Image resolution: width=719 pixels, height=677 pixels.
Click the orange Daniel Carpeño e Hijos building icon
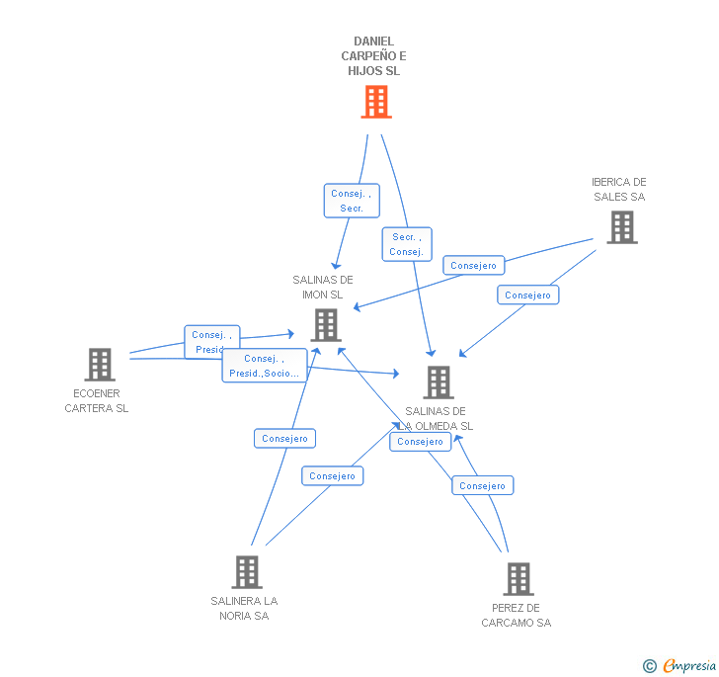click(x=375, y=102)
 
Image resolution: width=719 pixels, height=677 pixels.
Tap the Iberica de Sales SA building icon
click(x=621, y=227)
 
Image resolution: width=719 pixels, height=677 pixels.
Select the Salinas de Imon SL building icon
click(x=326, y=324)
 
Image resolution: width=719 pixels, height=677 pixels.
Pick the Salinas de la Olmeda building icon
click(x=438, y=381)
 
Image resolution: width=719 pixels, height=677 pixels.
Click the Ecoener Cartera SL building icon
click(x=99, y=365)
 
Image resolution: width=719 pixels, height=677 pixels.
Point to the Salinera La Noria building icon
click(x=246, y=571)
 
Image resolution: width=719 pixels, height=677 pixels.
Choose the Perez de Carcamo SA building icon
click(x=518, y=578)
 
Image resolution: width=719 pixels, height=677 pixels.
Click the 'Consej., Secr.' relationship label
click(x=352, y=201)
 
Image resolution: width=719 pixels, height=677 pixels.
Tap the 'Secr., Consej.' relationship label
click(x=407, y=244)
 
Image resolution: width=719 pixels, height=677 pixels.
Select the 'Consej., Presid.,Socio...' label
click(x=264, y=366)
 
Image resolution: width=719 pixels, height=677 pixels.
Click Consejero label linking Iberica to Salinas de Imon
click(x=474, y=265)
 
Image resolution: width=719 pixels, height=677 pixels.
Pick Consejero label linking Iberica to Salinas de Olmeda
click(x=527, y=295)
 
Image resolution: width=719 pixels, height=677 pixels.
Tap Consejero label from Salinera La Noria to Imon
click(x=285, y=438)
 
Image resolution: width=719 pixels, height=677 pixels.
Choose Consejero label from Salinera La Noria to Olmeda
click(x=332, y=475)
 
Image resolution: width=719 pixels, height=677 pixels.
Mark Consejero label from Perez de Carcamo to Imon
click(x=420, y=442)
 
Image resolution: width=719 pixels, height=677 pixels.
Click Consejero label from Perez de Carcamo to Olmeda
click(x=483, y=485)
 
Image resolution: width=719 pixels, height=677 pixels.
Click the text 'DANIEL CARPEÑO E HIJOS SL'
click(x=373, y=56)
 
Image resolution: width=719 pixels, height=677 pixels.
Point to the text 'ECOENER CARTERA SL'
click(x=97, y=401)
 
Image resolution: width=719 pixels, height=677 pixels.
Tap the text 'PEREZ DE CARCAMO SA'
click(x=517, y=615)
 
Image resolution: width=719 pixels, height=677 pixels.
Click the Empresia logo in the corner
click(x=680, y=665)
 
